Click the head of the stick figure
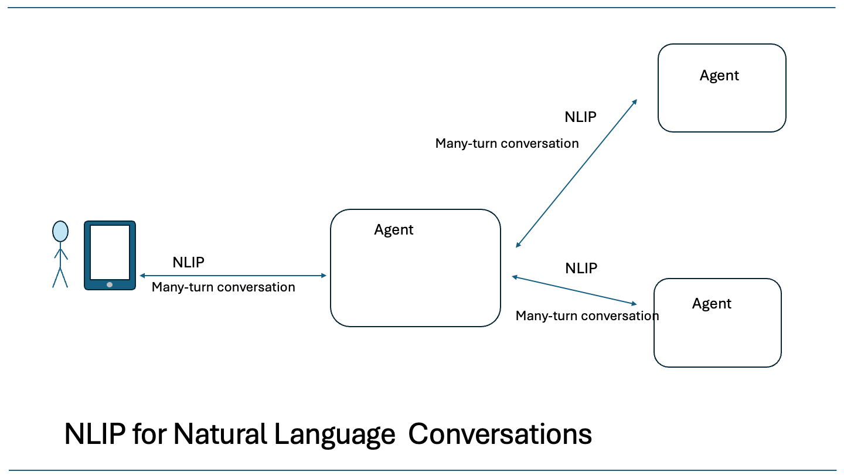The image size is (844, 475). point(60,231)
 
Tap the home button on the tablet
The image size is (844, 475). point(110,284)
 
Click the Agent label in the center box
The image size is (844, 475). point(394,230)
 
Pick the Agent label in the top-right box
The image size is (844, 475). point(719,76)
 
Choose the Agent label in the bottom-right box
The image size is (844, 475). point(712,304)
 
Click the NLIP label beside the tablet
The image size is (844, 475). point(189,262)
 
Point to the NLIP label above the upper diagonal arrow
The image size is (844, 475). point(580,117)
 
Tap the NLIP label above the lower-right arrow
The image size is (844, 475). point(581,269)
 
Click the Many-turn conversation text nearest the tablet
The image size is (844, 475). point(223,287)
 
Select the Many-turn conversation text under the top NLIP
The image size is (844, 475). point(507,144)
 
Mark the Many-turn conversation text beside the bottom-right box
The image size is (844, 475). point(587,316)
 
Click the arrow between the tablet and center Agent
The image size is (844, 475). point(233,275)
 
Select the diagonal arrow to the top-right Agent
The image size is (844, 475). point(577,173)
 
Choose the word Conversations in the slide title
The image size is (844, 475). point(500,435)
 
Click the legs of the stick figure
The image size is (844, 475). point(60,277)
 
